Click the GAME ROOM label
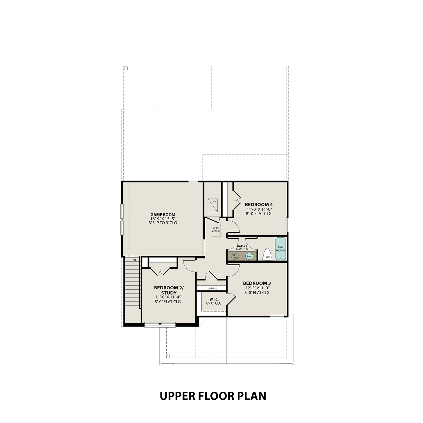(x=163, y=215)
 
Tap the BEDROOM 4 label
(x=259, y=204)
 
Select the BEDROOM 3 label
(x=257, y=283)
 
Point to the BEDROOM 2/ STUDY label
(x=169, y=290)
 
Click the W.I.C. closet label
(x=214, y=299)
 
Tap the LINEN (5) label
(x=212, y=288)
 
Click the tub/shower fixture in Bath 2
(x=280, y=249)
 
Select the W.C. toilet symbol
(x=267, y=255)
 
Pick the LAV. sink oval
(x=249, y=256)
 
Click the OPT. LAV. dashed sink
(x=235, y=256)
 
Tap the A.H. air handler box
(x=213, y=205)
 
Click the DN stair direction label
(x=134, y=260)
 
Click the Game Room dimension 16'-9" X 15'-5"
(x=163, y=219)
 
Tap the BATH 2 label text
(x=242, y=246)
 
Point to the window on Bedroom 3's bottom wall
(x=277, y=316)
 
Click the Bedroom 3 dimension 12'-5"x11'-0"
(x=257, y=288)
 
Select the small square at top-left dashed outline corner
(x=126, y=68)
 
